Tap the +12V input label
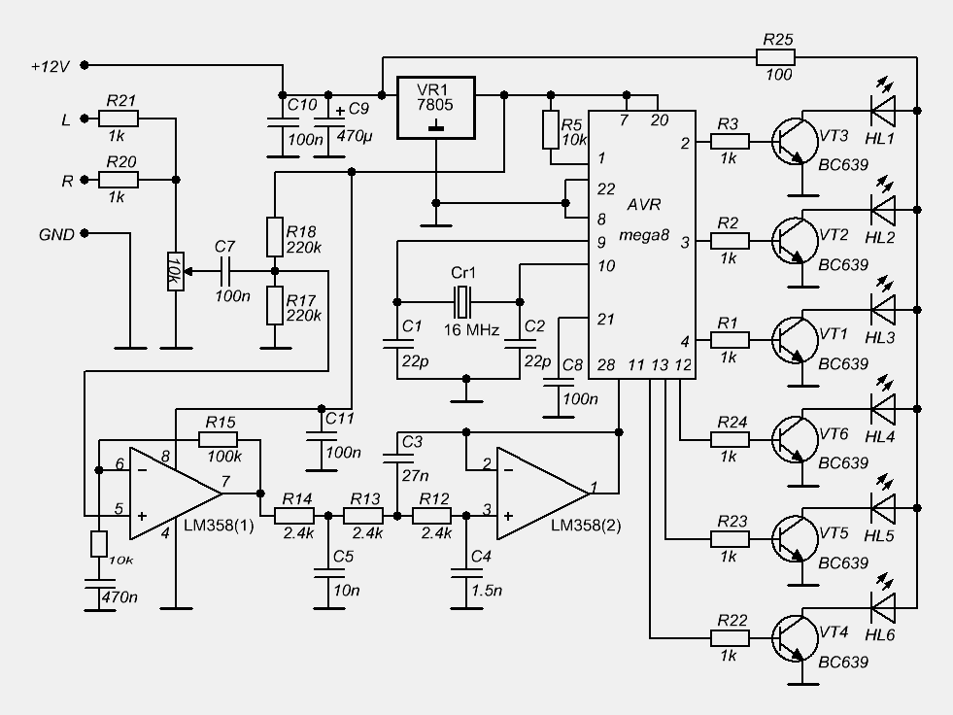(x=50, y=66)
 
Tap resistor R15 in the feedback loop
(x=219, y=440)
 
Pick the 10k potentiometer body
(x=176, y=272)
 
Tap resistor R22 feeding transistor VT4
(x=731, y=638)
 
